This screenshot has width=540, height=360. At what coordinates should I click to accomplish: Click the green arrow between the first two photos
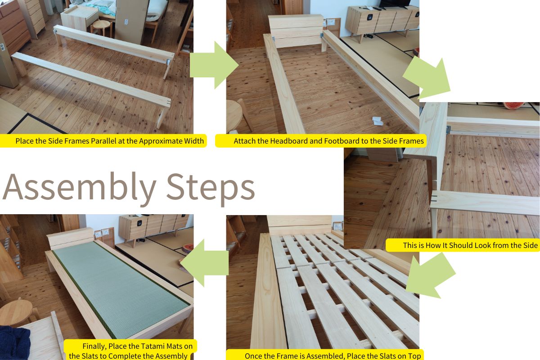(214, 65)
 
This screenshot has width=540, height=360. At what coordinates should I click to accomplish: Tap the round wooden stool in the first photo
(102, 28)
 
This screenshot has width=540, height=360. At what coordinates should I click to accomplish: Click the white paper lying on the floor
(378, 121)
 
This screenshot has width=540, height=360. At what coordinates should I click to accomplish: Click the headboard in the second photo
(296, 31)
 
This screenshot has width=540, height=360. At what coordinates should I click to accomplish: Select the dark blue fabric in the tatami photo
(14, 343)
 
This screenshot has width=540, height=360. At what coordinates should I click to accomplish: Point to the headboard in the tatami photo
(70, 238)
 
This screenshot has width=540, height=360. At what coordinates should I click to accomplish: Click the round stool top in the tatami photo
(16, 310)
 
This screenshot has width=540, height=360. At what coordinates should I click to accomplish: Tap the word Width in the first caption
(194, 141)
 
